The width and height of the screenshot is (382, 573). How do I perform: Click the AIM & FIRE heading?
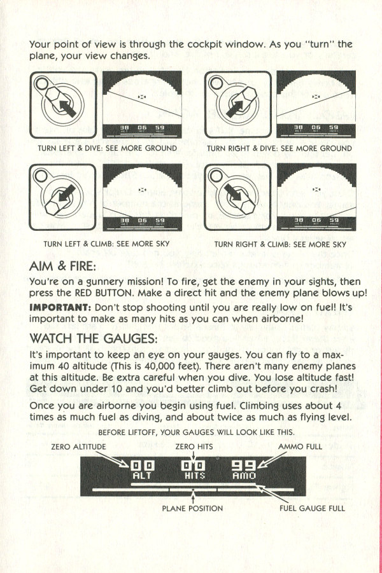click(62, 266)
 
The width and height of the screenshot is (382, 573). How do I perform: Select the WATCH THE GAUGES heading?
click(94, 338)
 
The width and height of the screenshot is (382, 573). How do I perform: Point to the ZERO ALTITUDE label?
click(78, 446)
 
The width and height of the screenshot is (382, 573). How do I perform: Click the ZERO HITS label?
click(194, 446)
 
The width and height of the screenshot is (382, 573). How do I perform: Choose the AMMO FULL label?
click(300, 446)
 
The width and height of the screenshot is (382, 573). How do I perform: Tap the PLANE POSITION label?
click(192, 508)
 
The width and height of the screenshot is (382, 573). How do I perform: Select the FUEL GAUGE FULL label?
click(312, 508)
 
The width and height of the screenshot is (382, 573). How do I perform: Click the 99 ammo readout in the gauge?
click(244, 465)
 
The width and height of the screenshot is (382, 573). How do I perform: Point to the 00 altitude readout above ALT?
click(143, 466)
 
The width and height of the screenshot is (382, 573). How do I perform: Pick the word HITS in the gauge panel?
click(195, 476)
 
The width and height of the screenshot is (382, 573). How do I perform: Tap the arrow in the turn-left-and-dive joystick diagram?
click(67, 109)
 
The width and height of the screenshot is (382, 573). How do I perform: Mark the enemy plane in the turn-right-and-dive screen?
click(316, 97)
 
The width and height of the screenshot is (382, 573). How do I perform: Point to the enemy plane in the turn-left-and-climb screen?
click(143, 190)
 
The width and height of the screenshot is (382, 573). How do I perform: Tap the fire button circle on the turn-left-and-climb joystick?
click(40, 175)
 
